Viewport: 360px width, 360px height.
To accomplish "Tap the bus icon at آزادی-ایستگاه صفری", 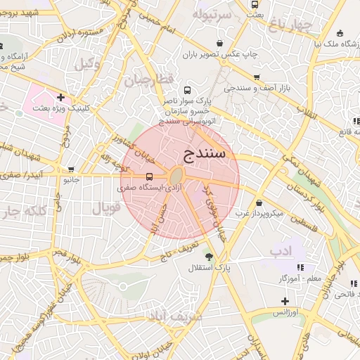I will (149, 177).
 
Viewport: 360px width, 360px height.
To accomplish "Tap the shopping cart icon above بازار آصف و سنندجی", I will (257, 77).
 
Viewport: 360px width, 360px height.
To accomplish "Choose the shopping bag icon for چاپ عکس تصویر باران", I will (221, 42).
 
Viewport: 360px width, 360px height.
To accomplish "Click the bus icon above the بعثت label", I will (255, 4).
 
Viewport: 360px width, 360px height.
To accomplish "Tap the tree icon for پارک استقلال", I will (209, 255).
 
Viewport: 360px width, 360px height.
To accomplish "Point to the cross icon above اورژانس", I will (285, 300).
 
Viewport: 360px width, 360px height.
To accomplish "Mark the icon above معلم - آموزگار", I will (301, 267).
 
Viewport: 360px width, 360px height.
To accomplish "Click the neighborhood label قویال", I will (106, 208).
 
